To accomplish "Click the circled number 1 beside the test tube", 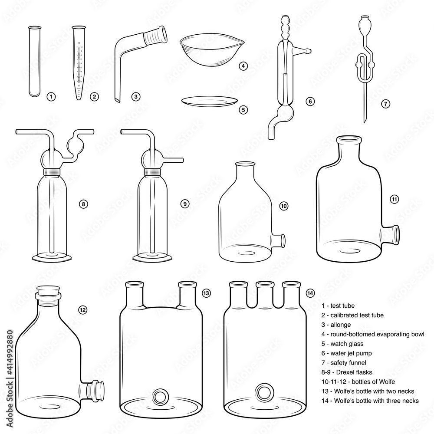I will point(51,96).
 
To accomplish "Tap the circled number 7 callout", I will point(385,103).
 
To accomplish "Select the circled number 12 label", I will point(82,309).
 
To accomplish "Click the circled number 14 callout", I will point(310,293).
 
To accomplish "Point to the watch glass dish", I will point(209,102).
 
